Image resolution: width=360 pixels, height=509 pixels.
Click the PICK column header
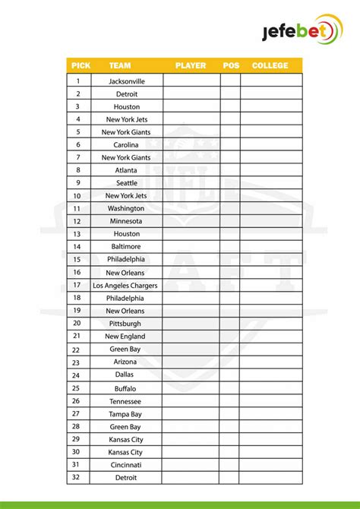[81, 66]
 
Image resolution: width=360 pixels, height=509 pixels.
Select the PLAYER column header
[191, 66]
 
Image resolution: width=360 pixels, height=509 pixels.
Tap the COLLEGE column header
[270, 66]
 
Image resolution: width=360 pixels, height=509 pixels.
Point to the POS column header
[231, 66]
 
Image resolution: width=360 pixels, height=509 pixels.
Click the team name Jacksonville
[127, 81]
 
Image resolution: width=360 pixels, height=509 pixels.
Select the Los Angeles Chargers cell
[125, 286]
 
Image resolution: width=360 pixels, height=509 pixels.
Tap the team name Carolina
[127, 145]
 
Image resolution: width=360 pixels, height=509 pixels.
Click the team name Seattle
[127, 183]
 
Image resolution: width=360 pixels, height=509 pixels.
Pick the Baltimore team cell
[127, 247]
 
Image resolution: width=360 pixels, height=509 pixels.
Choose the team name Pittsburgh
[125, 324]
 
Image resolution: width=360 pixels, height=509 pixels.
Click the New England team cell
[125, 337]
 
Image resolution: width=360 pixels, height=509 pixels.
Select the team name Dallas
[125, 375]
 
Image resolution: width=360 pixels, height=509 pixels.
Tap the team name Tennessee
[125, 401]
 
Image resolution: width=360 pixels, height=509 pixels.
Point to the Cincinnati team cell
[125, 465]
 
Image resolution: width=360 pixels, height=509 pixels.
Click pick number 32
[76, 478]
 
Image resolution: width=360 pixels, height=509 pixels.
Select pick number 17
[76, 286]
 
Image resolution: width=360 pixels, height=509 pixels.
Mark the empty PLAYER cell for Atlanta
[191, 171]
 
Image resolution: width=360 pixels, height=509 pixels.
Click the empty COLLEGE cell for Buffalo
[270, 388]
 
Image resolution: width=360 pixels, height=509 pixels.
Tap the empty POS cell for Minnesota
[231, 221]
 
